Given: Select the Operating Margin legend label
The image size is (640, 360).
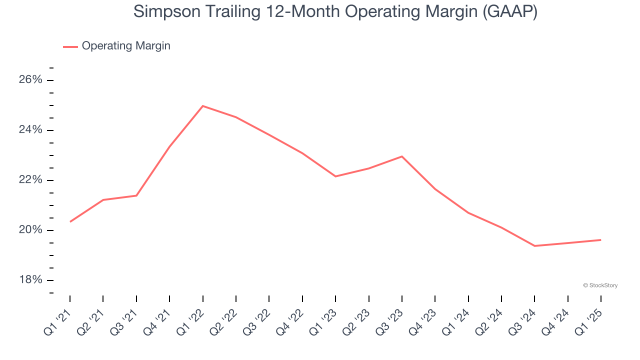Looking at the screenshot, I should click(126, 46).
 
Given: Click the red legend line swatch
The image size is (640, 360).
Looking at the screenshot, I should click(70, 46).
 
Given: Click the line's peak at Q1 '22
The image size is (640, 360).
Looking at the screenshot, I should click(202, 106).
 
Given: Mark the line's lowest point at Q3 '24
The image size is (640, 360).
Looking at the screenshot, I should click(534, 246).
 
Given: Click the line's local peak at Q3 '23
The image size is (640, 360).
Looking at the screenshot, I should click(402, 156).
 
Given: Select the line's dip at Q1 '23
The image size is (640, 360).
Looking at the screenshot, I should click(335, 176).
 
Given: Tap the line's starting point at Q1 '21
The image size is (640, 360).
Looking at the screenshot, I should click(70, 221).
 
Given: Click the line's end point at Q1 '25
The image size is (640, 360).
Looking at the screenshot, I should click(600, 240).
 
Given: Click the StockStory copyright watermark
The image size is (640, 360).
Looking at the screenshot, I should click(600, 285).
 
